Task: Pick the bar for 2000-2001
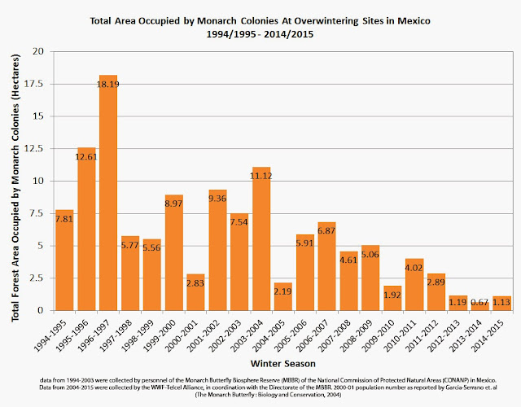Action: click(x=195, y=292)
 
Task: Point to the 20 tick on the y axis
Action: click(x=38, y=51)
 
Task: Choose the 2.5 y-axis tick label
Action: click(x=35, y=278)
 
